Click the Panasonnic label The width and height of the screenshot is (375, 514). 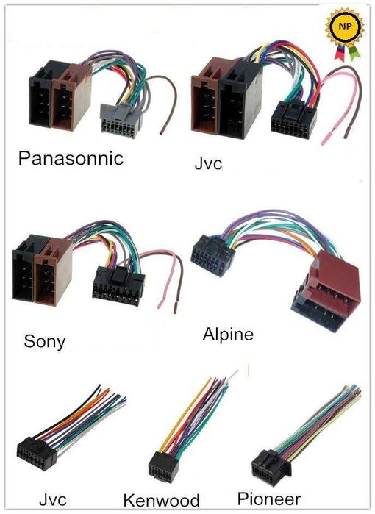point(71,159)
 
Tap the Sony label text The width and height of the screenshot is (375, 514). point(45,342)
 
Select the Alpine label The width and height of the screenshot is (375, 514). point(228,335)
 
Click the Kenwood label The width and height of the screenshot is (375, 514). point(161,501)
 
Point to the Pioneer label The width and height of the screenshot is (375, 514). point(269,499)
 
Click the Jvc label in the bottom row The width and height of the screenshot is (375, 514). point(53,499)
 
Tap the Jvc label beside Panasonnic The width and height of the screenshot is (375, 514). point(209,163)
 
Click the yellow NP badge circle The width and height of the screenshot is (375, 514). point(344,27)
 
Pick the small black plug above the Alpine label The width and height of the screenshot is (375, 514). point(213,256)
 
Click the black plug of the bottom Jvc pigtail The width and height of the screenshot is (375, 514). point(37,454)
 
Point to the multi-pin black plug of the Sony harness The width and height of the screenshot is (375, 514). point(118,286)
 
